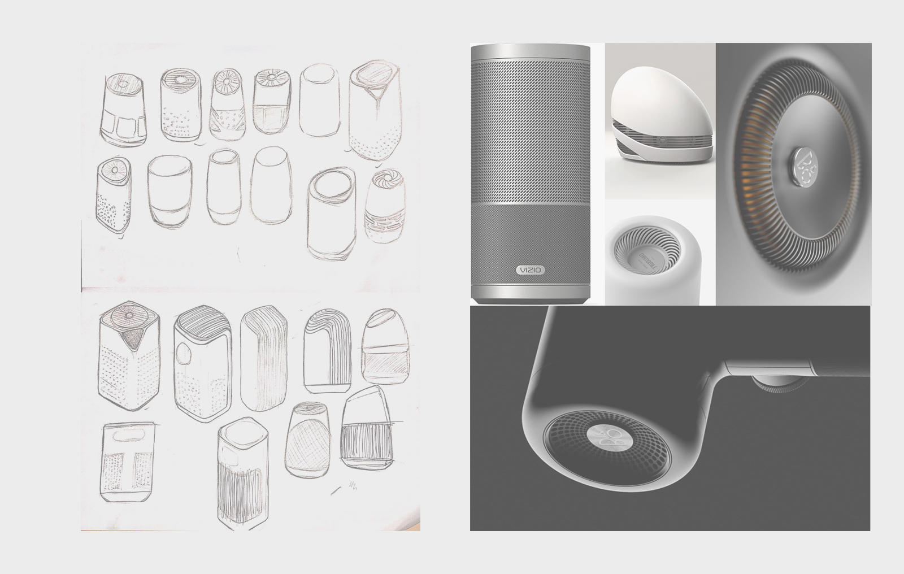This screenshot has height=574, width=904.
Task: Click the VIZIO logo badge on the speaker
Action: pyautogui.click(x=531, y=270)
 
